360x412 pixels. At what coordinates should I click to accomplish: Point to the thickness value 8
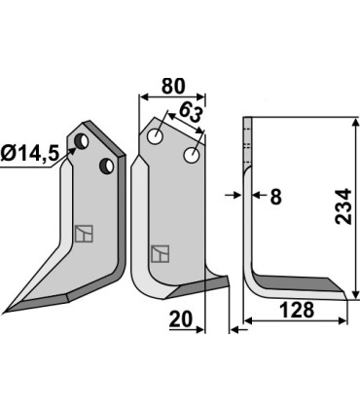point(275,198)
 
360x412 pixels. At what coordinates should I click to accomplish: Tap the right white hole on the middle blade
point(193,154)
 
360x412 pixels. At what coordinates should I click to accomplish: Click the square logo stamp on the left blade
point(84,235)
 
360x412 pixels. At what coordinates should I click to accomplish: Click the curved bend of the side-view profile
point(255,280)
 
